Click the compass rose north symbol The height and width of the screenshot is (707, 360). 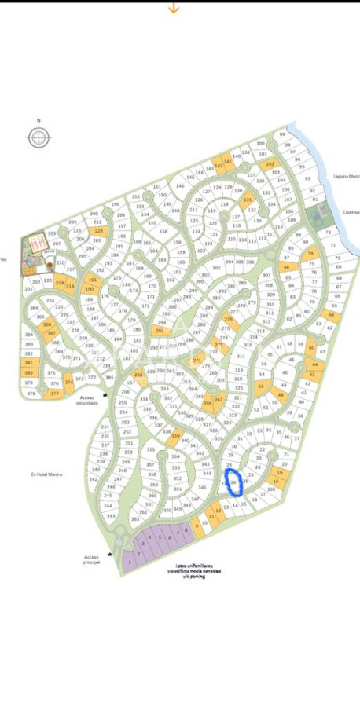coord(38,137)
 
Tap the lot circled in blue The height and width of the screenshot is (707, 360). coord(234,482)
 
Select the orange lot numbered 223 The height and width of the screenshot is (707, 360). coord(98,231)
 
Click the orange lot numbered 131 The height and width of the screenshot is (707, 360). coord(248,200)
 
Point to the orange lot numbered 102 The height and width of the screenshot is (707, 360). coord(270,164)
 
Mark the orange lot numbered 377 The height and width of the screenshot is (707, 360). coord(54,393)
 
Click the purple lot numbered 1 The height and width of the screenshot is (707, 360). coord(129,562)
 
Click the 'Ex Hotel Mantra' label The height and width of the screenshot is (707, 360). coord(46,474)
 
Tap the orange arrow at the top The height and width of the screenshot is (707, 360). coord(174,8)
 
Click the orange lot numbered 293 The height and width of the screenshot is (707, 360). coord(160,332)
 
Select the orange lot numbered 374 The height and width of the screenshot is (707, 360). coord(69,383)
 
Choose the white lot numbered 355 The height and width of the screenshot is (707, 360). coord(150,450)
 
